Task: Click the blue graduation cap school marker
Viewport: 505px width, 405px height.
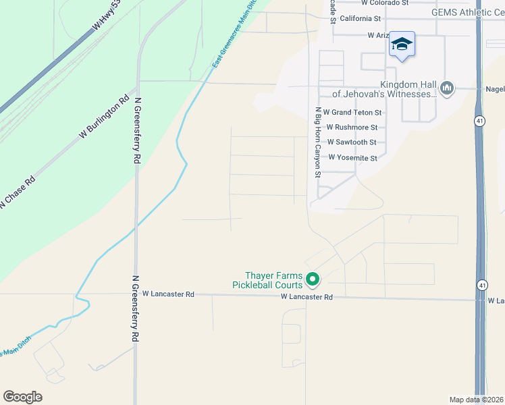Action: pyautogui.click(x=402, y=45)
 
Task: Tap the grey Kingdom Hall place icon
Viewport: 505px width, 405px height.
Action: pyautogui.click(x=446, y=88)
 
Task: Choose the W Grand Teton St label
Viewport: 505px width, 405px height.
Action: pyautogui.click(x=352, y=112)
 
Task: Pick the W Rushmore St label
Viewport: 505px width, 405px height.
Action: pyautogui.click(x=351, y=127)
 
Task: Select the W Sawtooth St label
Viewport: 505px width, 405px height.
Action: pyautogui.click(x=351, y=142)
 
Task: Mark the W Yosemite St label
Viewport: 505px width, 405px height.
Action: pyautogui.click(x=352, y=158)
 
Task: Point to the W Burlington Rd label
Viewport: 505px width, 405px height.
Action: pyautogui.click(x=104, y=117)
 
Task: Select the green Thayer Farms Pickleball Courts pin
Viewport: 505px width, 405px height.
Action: pyautogui.click(x=312, y=278)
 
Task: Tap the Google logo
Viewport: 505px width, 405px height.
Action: pyautogui.click(x=22, y=397)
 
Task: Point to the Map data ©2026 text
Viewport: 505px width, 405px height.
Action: pyautogui.click(x=476, y=400)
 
